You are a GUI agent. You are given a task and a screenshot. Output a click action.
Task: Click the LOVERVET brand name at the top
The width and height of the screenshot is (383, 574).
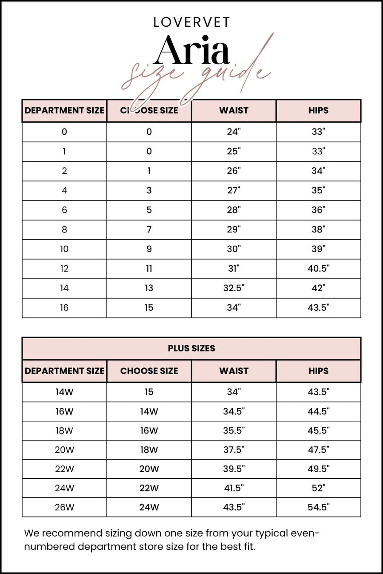click(x=191, y=22)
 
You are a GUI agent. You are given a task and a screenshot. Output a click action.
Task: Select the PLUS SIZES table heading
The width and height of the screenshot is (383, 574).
click(x=191, y=348)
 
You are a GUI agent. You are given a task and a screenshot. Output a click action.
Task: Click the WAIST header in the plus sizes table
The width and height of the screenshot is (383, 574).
click(x=234, y=371)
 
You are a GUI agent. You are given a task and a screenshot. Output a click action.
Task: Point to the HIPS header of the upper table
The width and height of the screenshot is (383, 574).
click(x=318, y=110)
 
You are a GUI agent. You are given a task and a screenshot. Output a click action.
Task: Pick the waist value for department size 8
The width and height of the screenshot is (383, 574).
click(x=234, y=230)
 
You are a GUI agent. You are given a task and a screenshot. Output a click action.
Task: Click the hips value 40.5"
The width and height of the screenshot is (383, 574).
click(x=318, y=269)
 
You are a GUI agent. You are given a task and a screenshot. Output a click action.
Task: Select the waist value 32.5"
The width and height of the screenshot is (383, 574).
click(x=234, y=288)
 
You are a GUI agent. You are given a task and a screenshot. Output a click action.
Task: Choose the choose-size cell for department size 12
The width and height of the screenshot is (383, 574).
click(x=149, y=269)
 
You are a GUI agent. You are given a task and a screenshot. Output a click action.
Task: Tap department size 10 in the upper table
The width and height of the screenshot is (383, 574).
click(x=64, y=249)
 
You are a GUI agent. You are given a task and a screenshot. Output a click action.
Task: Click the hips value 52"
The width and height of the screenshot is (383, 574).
click(x=318, y=488)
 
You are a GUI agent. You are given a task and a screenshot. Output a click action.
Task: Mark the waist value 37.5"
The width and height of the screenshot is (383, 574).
click(x=234, y=450)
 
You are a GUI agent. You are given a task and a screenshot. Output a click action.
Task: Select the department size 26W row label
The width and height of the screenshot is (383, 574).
click(x=64, y=507)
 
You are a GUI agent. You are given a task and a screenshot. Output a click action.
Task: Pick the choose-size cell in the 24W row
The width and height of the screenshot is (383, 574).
click(x=149, y=488)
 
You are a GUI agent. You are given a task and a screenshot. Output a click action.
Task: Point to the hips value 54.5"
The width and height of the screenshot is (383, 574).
click(x=318, y=507)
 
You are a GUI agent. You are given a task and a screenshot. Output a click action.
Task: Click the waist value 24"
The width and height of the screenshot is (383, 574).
click(x=234, y=132)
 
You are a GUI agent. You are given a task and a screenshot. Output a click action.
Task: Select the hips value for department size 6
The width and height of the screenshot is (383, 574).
click(x=318, y=210)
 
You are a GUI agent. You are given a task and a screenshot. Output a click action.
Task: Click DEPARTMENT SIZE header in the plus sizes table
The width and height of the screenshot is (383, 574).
click(x=64, y=371)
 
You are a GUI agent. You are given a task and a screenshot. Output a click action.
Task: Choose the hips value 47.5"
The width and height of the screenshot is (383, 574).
click(x=318, y=450)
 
